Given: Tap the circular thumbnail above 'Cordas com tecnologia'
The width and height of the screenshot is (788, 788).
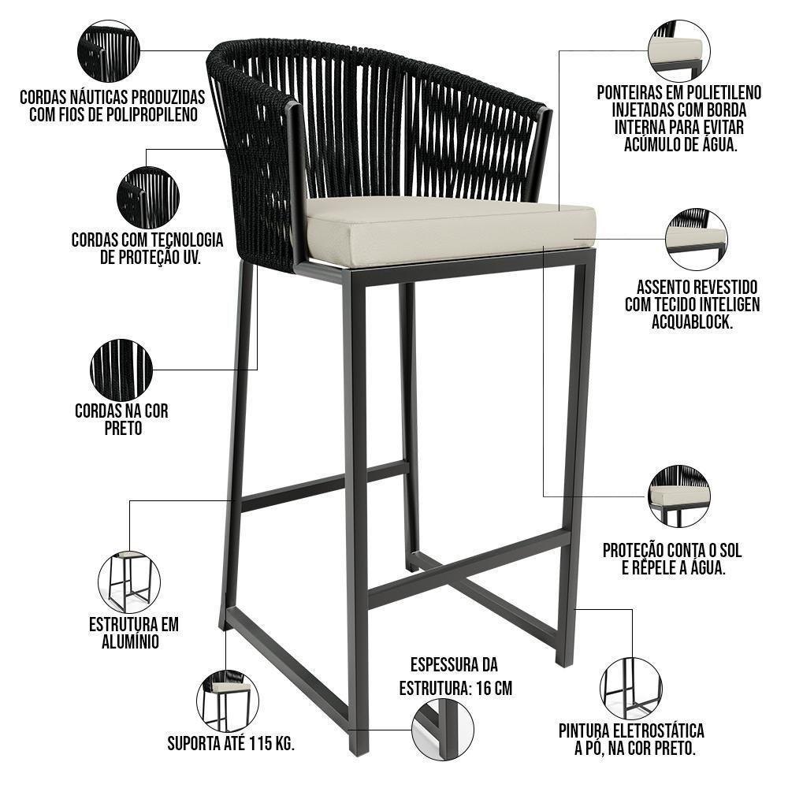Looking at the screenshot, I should (147, 198).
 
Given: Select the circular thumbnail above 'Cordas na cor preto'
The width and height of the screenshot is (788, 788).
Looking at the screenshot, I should (121, 370).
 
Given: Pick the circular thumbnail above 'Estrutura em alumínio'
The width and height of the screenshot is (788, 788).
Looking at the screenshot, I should (129, 582).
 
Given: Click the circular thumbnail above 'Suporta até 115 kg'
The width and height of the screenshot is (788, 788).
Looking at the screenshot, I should (227, 701).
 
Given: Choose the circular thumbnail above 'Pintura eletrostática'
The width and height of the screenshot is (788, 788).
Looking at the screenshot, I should (630, 687).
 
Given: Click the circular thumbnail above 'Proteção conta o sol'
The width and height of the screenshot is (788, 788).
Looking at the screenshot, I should (678, 496).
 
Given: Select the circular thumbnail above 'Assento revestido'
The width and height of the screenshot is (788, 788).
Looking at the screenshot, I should (697, 239).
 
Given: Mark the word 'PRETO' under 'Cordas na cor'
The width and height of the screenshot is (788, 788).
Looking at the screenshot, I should (122, 429).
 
